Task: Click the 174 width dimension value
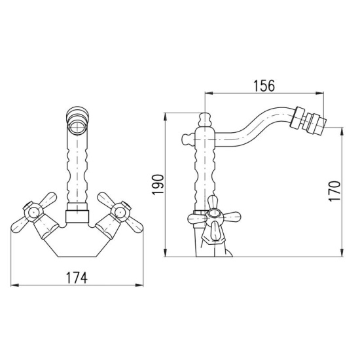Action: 77,278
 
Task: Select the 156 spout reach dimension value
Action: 264,86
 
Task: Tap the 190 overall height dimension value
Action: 158,185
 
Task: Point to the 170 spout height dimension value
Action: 334,191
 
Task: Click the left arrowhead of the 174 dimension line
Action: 14,285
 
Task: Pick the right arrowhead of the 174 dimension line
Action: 139,285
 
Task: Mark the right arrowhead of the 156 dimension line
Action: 319,93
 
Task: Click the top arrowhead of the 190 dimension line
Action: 165,117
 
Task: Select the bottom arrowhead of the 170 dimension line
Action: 342,253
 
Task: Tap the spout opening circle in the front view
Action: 77,127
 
